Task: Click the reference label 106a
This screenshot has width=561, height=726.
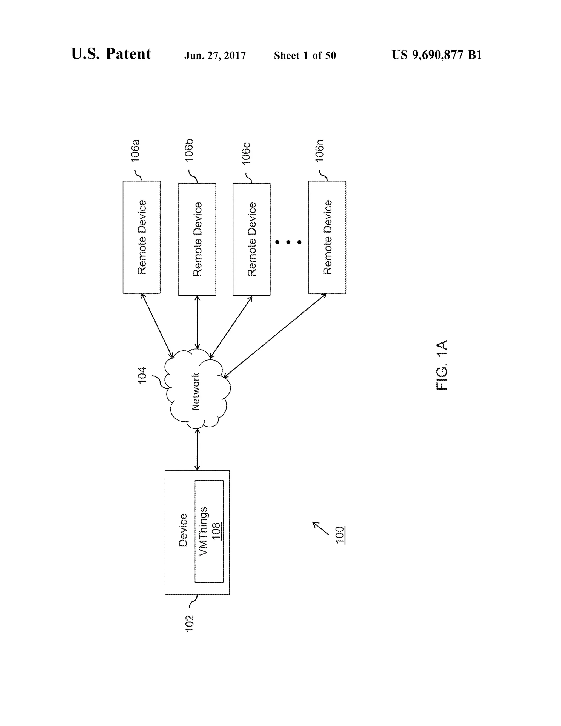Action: pos(135,151)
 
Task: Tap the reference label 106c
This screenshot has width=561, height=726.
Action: pos(246,154)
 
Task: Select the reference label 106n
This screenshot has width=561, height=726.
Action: pos(320,151)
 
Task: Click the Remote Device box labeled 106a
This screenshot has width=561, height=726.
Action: pos(142,237)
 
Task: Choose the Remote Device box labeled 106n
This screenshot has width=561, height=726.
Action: pos(327,237)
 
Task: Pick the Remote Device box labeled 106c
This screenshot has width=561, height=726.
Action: pos(251,239)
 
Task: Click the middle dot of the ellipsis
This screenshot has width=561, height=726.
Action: pos(288,242)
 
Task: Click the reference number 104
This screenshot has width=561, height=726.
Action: pos(142,375)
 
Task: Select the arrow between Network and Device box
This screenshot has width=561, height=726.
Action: pos(198,449)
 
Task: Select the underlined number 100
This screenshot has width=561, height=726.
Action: pos(340,535)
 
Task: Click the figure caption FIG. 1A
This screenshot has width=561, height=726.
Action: pos(442,365)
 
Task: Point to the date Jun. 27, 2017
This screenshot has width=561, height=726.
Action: pos(215,56)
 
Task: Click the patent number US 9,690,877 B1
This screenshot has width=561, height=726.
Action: pos(437,55)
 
